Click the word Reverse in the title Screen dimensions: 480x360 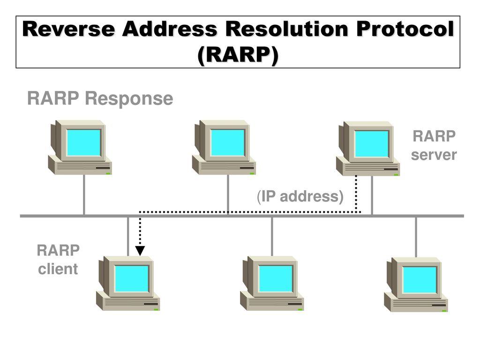(x=69, y=29)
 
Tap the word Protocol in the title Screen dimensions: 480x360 (x=405, y=29)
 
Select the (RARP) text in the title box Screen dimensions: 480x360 (x=238, y=55)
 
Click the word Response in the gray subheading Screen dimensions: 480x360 (x=129, y=98)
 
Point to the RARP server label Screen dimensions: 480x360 (x=434, y=145)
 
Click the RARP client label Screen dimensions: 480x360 (x=58, y=259)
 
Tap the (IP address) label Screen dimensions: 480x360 (x=300, y=196)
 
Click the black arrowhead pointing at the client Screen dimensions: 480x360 (x=140, y=250)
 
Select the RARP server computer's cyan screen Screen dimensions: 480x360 (x=372, y=144)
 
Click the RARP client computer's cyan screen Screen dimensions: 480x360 (x=132, y=278)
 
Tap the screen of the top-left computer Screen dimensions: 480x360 (x=83, y=142)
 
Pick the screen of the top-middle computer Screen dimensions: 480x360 (x=227, y=142)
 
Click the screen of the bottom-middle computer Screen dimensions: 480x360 (x=276, y=278)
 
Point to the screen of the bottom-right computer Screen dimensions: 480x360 (x=420, y=280)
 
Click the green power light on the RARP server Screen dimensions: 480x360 (x=396, y=175)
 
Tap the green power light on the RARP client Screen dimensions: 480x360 (x=156, y=309)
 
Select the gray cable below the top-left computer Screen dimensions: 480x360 (x=84, y=195)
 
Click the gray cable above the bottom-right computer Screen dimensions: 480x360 (x=416, y=237)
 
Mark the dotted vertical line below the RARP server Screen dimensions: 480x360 (x=356, y=194)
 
